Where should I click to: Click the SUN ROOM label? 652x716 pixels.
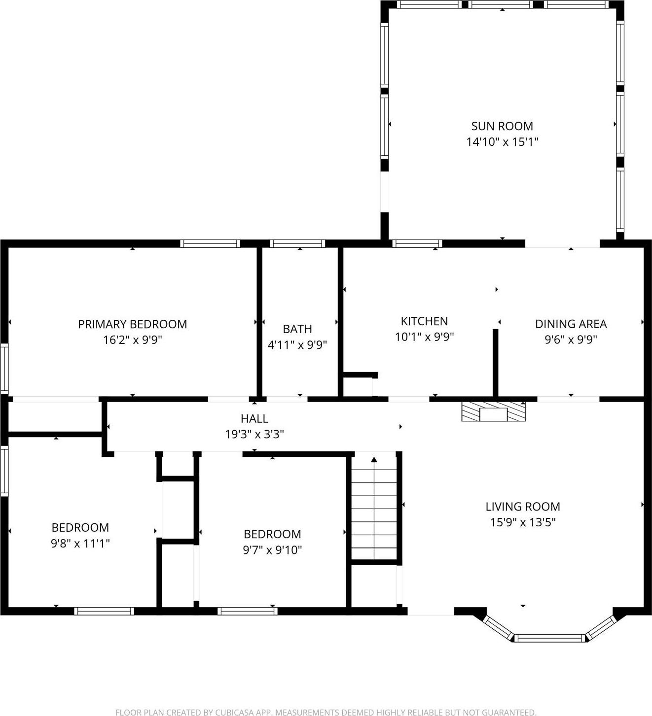point(502,126)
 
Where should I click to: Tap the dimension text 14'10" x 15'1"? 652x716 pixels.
point(502,142)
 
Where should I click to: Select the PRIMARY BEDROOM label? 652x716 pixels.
point(132,324)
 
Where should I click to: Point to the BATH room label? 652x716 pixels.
point(297,329)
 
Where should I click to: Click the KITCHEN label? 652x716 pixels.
point(424,321)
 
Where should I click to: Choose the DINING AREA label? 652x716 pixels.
point(571,324)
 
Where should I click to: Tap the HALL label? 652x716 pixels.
point(254,418)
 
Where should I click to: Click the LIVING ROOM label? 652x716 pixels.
point(523,507)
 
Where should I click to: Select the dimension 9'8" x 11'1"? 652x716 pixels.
point(80,543)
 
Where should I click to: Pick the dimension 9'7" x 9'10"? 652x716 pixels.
point(272,549)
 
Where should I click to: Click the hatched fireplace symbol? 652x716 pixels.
point(493,411)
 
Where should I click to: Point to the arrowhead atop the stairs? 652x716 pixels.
point(374,460)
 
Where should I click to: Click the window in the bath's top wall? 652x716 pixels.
point(297,243)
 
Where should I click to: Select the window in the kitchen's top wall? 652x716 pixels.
point(417,243)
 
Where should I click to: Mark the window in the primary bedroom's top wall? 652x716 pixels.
point(210,243)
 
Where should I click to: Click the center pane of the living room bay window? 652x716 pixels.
point(550,638)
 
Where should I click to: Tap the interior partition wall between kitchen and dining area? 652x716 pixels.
point(495,362)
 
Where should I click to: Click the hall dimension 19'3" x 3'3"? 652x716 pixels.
point(254,434)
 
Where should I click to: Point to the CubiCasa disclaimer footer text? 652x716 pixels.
point(326,712)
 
